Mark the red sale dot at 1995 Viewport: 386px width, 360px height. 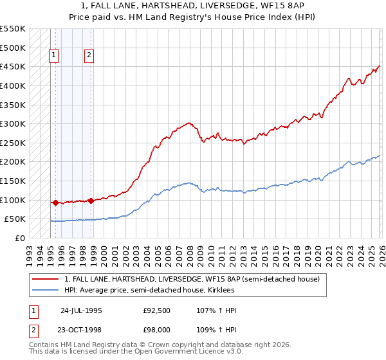[x=55, y=203]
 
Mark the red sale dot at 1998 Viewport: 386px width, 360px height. [x=91, y=201]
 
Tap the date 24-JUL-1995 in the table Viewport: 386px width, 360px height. [x=81, y=310]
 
